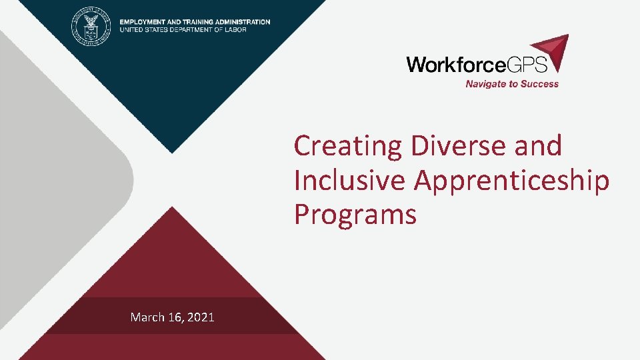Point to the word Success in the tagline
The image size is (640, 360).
coord(541,84)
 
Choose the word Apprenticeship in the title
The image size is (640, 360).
coord(512,180)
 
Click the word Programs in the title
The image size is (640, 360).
coord(355,215)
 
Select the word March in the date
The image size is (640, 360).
coord(147,317)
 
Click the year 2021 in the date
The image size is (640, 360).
coord(201,317)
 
